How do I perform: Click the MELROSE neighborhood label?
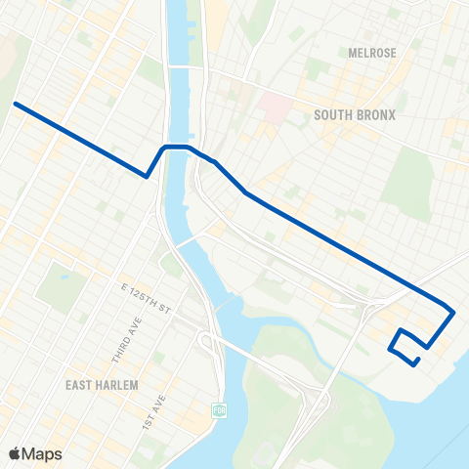point(372,53)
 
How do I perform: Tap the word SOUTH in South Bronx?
point(333,115)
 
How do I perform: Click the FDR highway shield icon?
point(220,408)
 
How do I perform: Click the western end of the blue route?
point(15,103)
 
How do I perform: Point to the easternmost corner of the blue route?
point(453,312)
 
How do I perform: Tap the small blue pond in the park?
point(62,277)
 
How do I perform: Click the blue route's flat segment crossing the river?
point(176,147)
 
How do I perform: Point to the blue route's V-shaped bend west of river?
point(147,177)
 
